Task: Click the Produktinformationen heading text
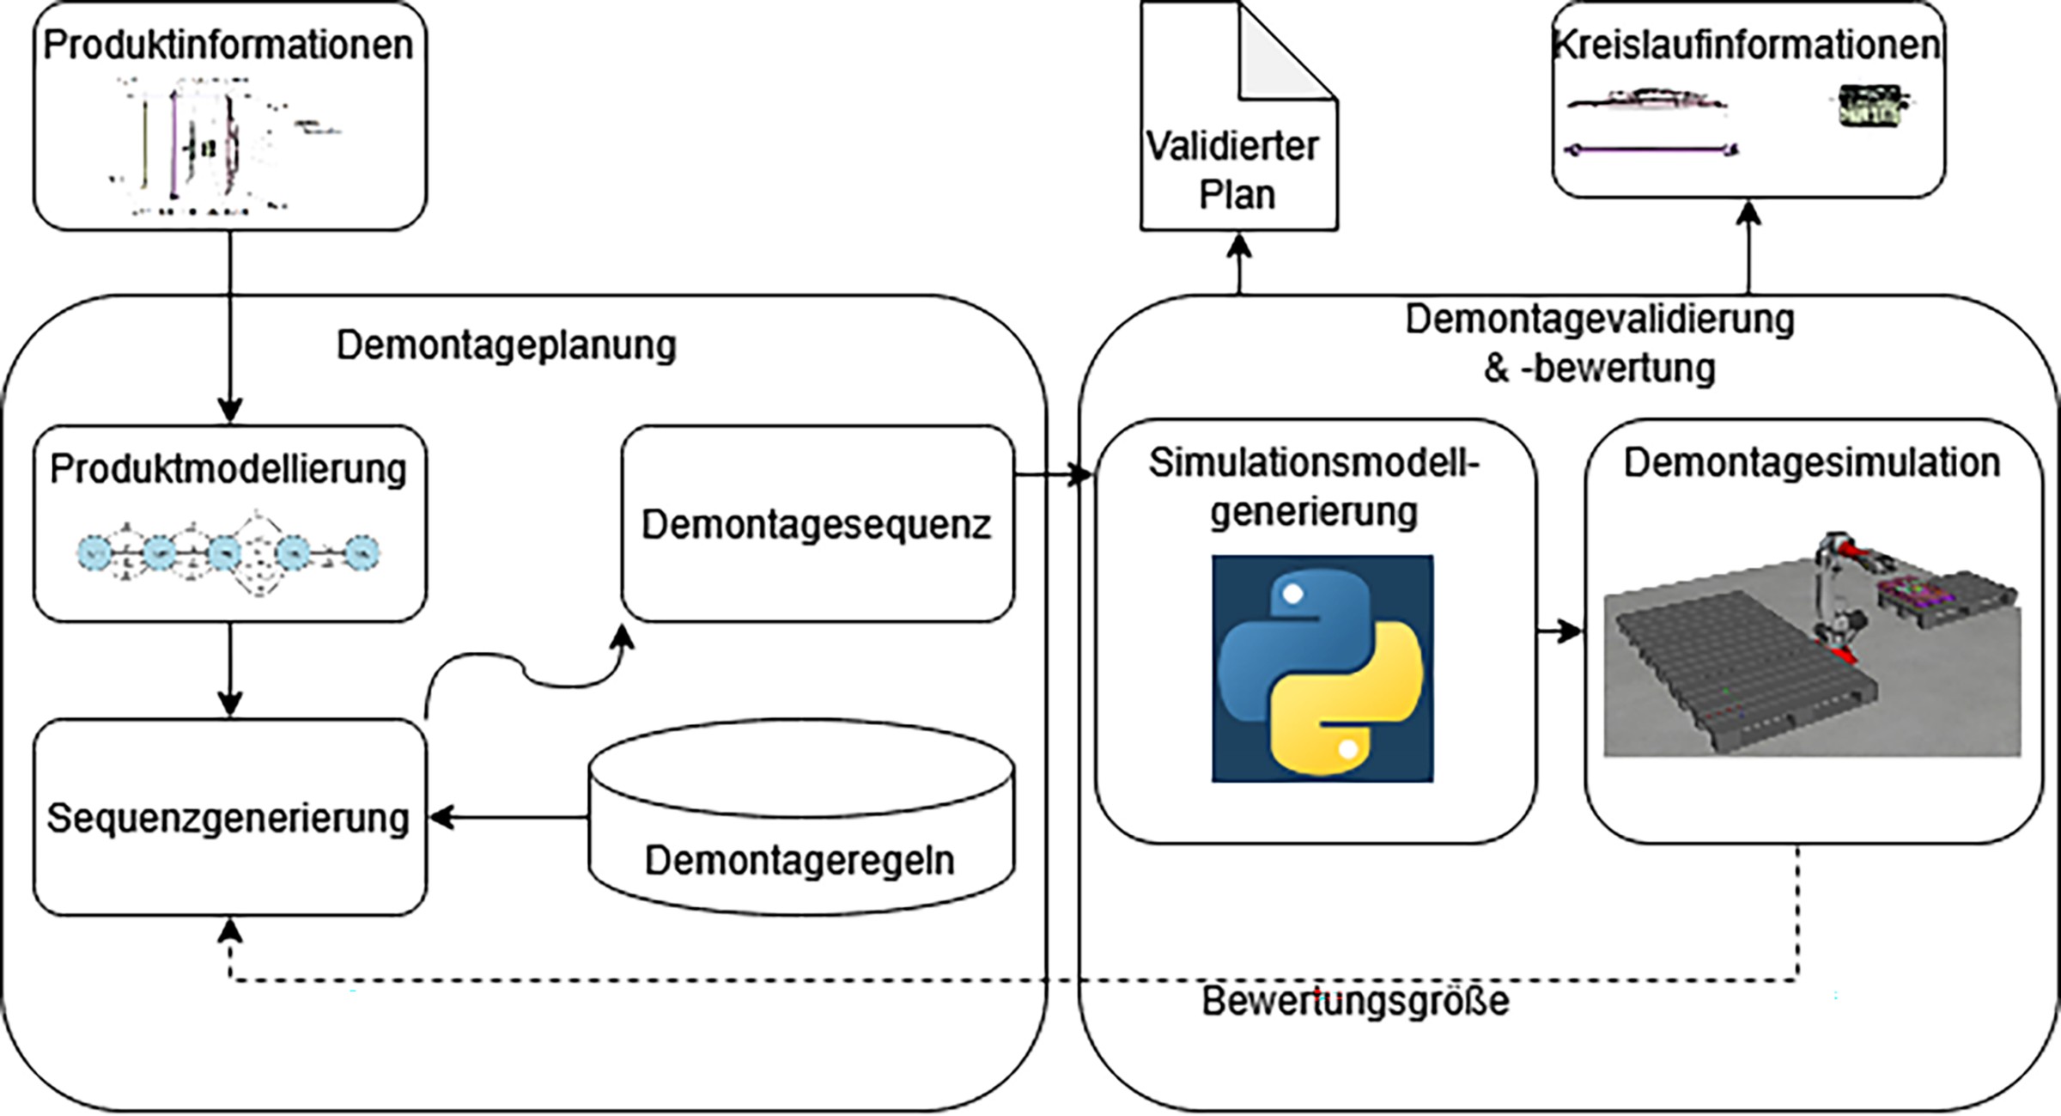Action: point(228,45)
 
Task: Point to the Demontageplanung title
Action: point(506,345)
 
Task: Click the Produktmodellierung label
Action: point(228,469)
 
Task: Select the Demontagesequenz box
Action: point(817,524)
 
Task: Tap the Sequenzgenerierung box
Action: point(228,818)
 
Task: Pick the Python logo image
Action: point(1322,669)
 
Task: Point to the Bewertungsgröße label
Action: point(1354,1002)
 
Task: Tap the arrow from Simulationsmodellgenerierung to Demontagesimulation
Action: point(1559,632)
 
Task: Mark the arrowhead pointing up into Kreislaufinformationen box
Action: point(1748,215)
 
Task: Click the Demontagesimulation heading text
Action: point(1812,463)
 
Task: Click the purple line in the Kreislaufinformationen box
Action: point(1649,150)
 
